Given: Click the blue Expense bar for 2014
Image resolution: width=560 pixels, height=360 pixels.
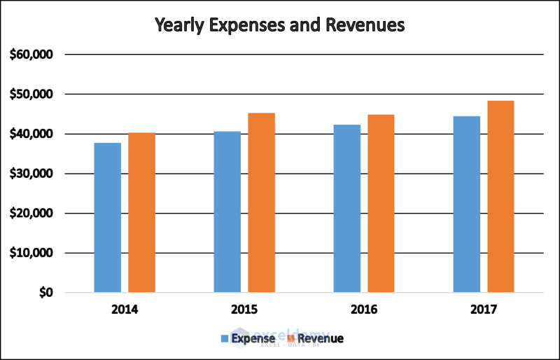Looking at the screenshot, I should (x=108, y=217).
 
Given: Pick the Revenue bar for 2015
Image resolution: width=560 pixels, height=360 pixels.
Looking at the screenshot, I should (x=261, y=202).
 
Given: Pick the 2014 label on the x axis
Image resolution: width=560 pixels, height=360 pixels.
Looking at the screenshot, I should (x=125, y=309).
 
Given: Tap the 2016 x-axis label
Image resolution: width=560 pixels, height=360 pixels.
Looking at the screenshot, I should (x=364, y=309).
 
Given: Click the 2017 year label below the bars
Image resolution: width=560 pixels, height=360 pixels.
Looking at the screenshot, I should (x=484, y=309).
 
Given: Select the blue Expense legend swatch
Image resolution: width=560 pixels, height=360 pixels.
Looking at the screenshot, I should (x=225, y=339).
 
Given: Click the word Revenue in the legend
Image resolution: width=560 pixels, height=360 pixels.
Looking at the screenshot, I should (x=321, y=339).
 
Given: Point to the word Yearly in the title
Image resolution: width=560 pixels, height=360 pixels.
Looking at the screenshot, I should (x=181, y=26).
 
